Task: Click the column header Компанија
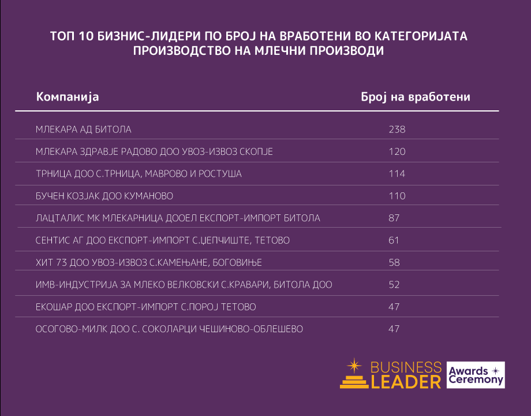click(68, 96)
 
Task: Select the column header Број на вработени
click(415, 96)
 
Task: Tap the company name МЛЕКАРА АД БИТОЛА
click(84, 129)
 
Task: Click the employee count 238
click(397, 129)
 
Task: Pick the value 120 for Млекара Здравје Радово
click(397, 151)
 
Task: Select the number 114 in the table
click(397, 174)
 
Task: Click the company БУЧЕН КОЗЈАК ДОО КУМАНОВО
click(104, 196)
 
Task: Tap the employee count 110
click(397, 196)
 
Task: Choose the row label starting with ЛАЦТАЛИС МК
click(178, 218)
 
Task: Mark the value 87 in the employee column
click(394, 218)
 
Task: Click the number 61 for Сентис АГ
click(394, 240)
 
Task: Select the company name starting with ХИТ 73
click(149, 263)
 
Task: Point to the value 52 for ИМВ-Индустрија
click(394, 285)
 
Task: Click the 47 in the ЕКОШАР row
click(394, 307)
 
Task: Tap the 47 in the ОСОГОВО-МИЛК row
click(394, 329)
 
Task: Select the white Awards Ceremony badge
click(476, 375)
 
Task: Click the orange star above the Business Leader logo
click(353, 365)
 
